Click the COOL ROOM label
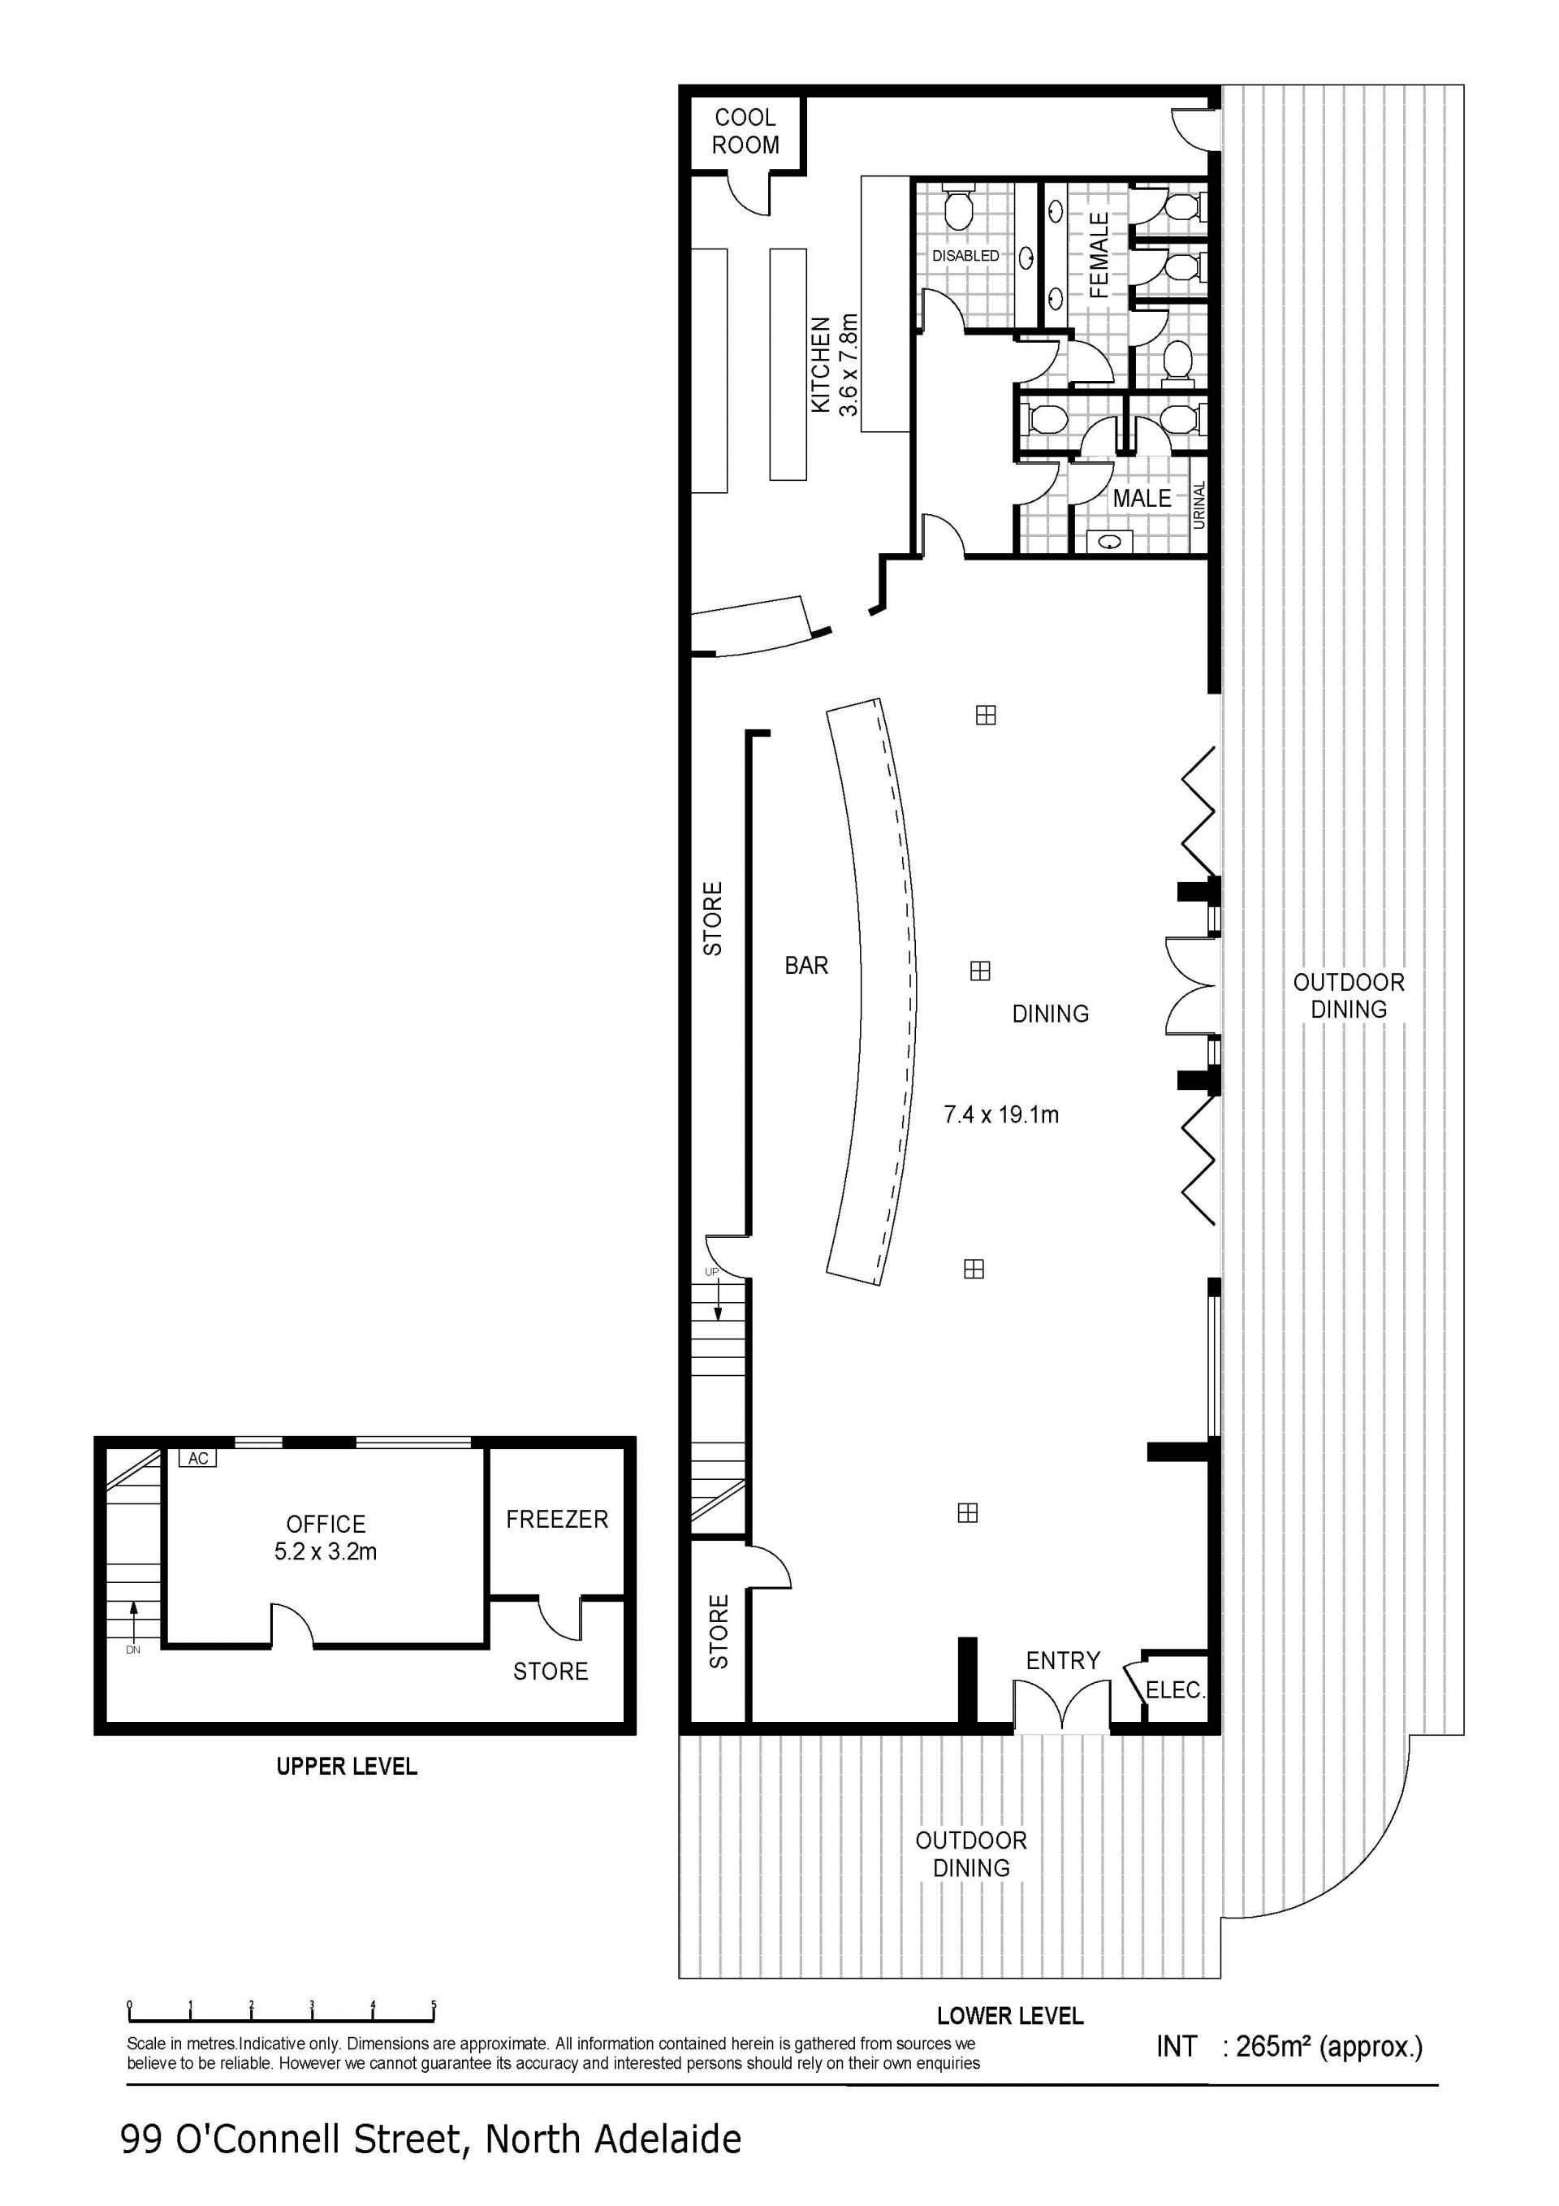pyautogui.click(x=745, y=132)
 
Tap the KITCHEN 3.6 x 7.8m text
pyautogui.click(x=834, y=366)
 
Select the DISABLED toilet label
pyautogui.click(x=965, y=256)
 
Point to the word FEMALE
pyautogui.click(x=1099, y=256)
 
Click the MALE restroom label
pyautogui.click(x=1142, y=498)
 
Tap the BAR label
pyautogui.click(x=806, y=966)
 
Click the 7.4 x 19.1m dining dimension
pyautogui.click(x=1001, y=1114)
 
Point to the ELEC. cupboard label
pyautogui.click(x=1175, y=1689)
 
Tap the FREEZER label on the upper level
pyautogui.click(x=557, y=1519)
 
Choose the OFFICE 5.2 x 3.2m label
pyautogui.click(x=326, y=1538)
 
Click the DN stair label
pyautogui.click(x=132, y=1650)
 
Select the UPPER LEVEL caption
pyautogui.click(x=347, y=1766)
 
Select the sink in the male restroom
pyautogui.click(x=1112, y=542)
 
